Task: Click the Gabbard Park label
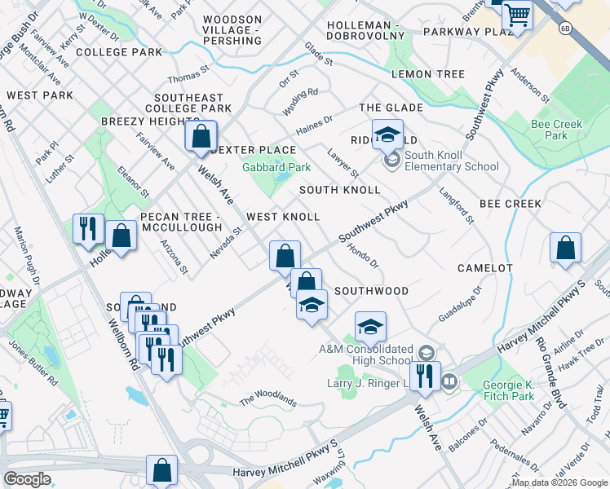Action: [x=277, y=167]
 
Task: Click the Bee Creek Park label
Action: [x=549, y=130]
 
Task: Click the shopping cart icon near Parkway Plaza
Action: [x=516, y=15]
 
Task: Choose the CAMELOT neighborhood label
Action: [x=484, y=268]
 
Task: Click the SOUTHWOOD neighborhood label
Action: [x=371, y=291]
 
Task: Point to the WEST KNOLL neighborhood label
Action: [x=283, y=217]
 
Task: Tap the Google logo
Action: [x=28, y=478]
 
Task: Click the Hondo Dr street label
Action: [x=364, y=255]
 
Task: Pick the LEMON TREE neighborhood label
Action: [x=427, y=74]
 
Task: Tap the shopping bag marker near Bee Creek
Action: [x=565, y=249]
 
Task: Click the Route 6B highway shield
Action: [x=564, y=29]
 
